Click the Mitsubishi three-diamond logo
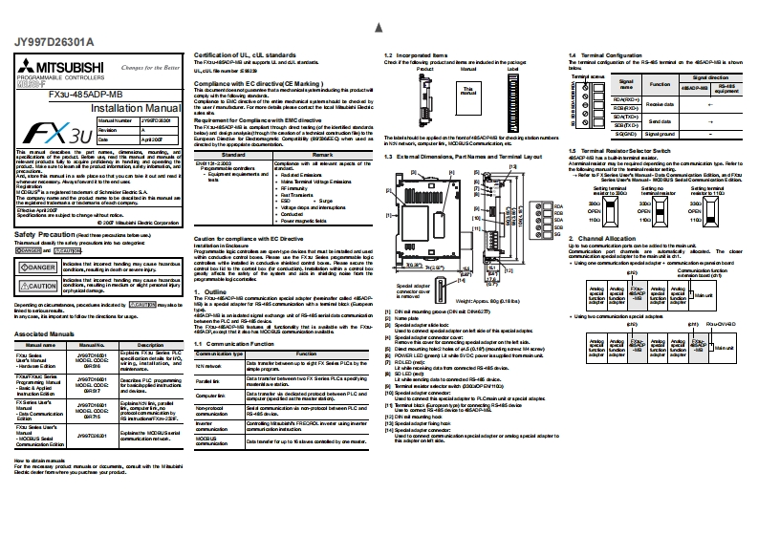pyautogui.click(x=26, y=68)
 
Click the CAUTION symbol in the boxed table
pyautogui.click(x=35, y=285)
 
